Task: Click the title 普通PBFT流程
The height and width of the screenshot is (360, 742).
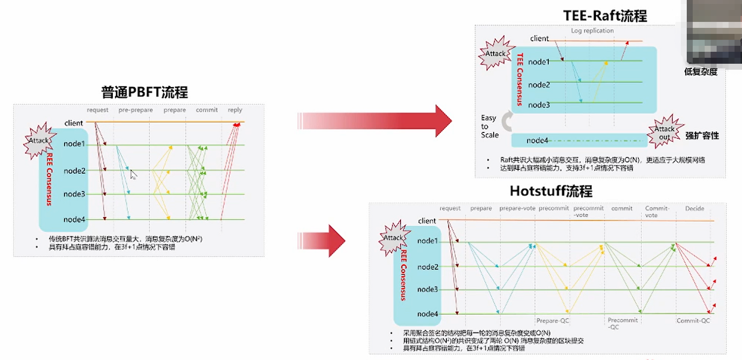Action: (x=144, y=93)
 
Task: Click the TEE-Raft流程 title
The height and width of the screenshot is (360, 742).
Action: (x=605, y=16)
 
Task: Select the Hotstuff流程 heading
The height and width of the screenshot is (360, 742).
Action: (x=551, y=191)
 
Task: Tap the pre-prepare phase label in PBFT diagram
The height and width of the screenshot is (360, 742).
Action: (x=135, y=110)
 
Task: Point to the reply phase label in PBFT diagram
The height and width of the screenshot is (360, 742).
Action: (x=235, y=110)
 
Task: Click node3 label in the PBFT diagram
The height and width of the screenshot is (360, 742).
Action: (x=74, y=194)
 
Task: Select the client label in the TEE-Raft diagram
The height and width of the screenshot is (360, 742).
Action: (x=539, y=38)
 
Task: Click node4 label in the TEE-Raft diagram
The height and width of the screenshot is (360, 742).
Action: (x=537, y=140)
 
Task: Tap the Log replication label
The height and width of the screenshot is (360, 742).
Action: (x=592, y=30)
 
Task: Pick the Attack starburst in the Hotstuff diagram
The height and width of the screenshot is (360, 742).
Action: (x=393, y=238)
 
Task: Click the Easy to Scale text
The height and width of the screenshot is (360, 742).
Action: (x=489, y=126)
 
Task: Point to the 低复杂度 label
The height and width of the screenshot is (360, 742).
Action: (x=701, y=72)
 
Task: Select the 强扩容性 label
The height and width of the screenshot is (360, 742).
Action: (x=702, y=135)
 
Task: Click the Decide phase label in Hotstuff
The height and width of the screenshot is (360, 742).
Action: (x=695, y=208)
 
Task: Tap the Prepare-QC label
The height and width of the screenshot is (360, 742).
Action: (x=552, y=321)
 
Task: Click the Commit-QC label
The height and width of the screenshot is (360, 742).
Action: (x=693, y=321)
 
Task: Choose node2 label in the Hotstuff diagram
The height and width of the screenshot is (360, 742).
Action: (x=428, y=267)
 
